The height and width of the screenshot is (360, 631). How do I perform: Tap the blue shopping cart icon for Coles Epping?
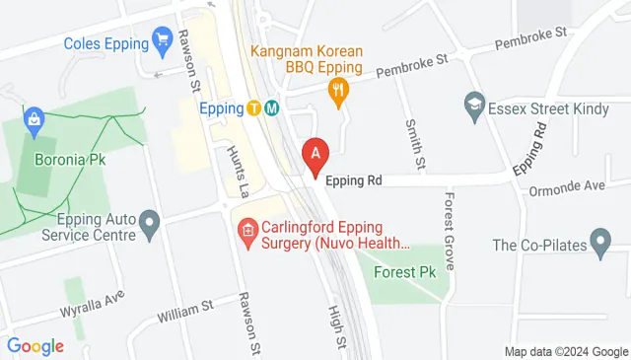[162, 42]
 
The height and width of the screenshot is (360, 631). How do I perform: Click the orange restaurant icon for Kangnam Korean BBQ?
[339, 94]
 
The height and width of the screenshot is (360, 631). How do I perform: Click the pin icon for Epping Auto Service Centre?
[150, 226]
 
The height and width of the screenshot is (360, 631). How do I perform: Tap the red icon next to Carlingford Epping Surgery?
[246, 234]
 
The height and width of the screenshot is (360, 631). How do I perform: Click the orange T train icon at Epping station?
[254, 108]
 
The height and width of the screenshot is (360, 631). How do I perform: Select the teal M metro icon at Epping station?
[271, 108]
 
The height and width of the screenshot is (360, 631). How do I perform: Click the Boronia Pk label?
[68, 159]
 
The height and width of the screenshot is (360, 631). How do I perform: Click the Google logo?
[35, 346]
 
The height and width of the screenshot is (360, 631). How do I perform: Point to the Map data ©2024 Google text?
[566, 352]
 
